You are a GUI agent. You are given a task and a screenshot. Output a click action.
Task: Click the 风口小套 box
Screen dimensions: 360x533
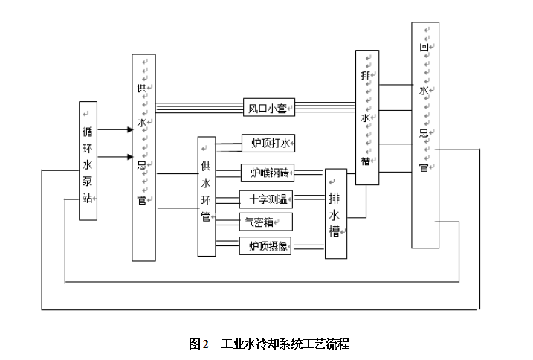pos(268,108)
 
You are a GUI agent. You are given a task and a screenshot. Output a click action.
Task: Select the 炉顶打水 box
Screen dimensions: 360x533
pos(268,143)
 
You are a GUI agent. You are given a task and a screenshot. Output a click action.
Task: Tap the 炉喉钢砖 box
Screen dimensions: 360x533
pos(268,173)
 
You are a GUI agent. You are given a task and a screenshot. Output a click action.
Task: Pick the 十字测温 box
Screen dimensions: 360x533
pos(268,199)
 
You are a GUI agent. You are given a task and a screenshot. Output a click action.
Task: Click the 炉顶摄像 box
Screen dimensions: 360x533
pos(265,246)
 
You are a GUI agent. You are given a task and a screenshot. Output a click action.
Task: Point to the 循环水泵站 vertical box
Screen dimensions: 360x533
pos(88,161)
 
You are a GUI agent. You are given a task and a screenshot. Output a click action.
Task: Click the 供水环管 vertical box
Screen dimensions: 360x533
pos(207,196)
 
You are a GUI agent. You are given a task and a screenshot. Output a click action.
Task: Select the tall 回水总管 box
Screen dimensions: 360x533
pos(424,135)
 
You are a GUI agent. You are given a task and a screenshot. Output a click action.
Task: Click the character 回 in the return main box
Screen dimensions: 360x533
pos(423,48)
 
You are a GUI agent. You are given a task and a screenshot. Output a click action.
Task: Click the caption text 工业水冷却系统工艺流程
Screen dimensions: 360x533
pos(285,344)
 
